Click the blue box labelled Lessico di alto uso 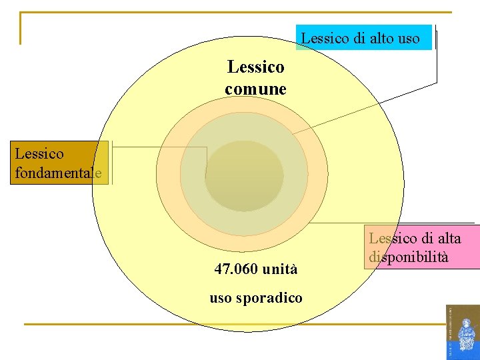click(x=364, y=37)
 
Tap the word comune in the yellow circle click(x=255, y=89)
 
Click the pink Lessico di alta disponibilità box click(x=422, y=247)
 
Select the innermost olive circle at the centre click(x=244, y=176)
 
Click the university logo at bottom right click(x=462, y=331)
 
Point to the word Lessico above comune click(x=255, y=67)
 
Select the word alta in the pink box click(x=447, y=238)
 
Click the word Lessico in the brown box click(x=39, y=153)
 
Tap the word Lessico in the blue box click(x=327, y=38)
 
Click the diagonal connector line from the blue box click(x=363, y=107)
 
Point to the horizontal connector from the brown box click(x=160, y=147)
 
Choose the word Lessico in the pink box click(x=393, y=238)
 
